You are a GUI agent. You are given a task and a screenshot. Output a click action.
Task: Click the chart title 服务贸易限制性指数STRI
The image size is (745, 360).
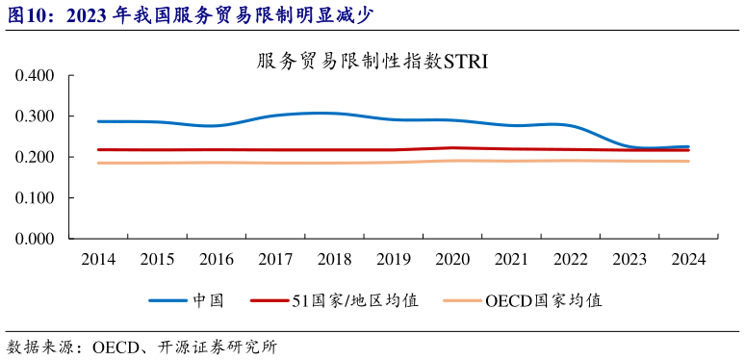click(x=372, y=62)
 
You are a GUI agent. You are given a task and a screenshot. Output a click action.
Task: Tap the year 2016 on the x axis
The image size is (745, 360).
click(x=217, y=260)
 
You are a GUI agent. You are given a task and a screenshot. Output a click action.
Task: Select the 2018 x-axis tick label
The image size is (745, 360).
click(x=334, y=260)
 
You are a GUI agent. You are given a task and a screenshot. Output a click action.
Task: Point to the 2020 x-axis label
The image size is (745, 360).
click(x=452, y=260)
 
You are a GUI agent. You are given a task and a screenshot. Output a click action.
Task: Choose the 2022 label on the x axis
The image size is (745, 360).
click(x=571, y=260)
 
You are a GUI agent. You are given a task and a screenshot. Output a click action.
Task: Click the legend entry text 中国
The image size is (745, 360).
click(x=208, y=300)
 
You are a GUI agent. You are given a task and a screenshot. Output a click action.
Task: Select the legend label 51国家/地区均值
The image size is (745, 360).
click(x=355, y=300)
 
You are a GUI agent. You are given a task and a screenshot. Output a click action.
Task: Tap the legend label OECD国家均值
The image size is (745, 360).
click(x=544, y=300)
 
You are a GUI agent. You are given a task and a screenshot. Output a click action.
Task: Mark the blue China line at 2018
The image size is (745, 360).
click(x=334, y=114)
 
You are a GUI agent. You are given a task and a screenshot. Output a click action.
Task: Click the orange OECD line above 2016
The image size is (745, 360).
click(x=217, y=162)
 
